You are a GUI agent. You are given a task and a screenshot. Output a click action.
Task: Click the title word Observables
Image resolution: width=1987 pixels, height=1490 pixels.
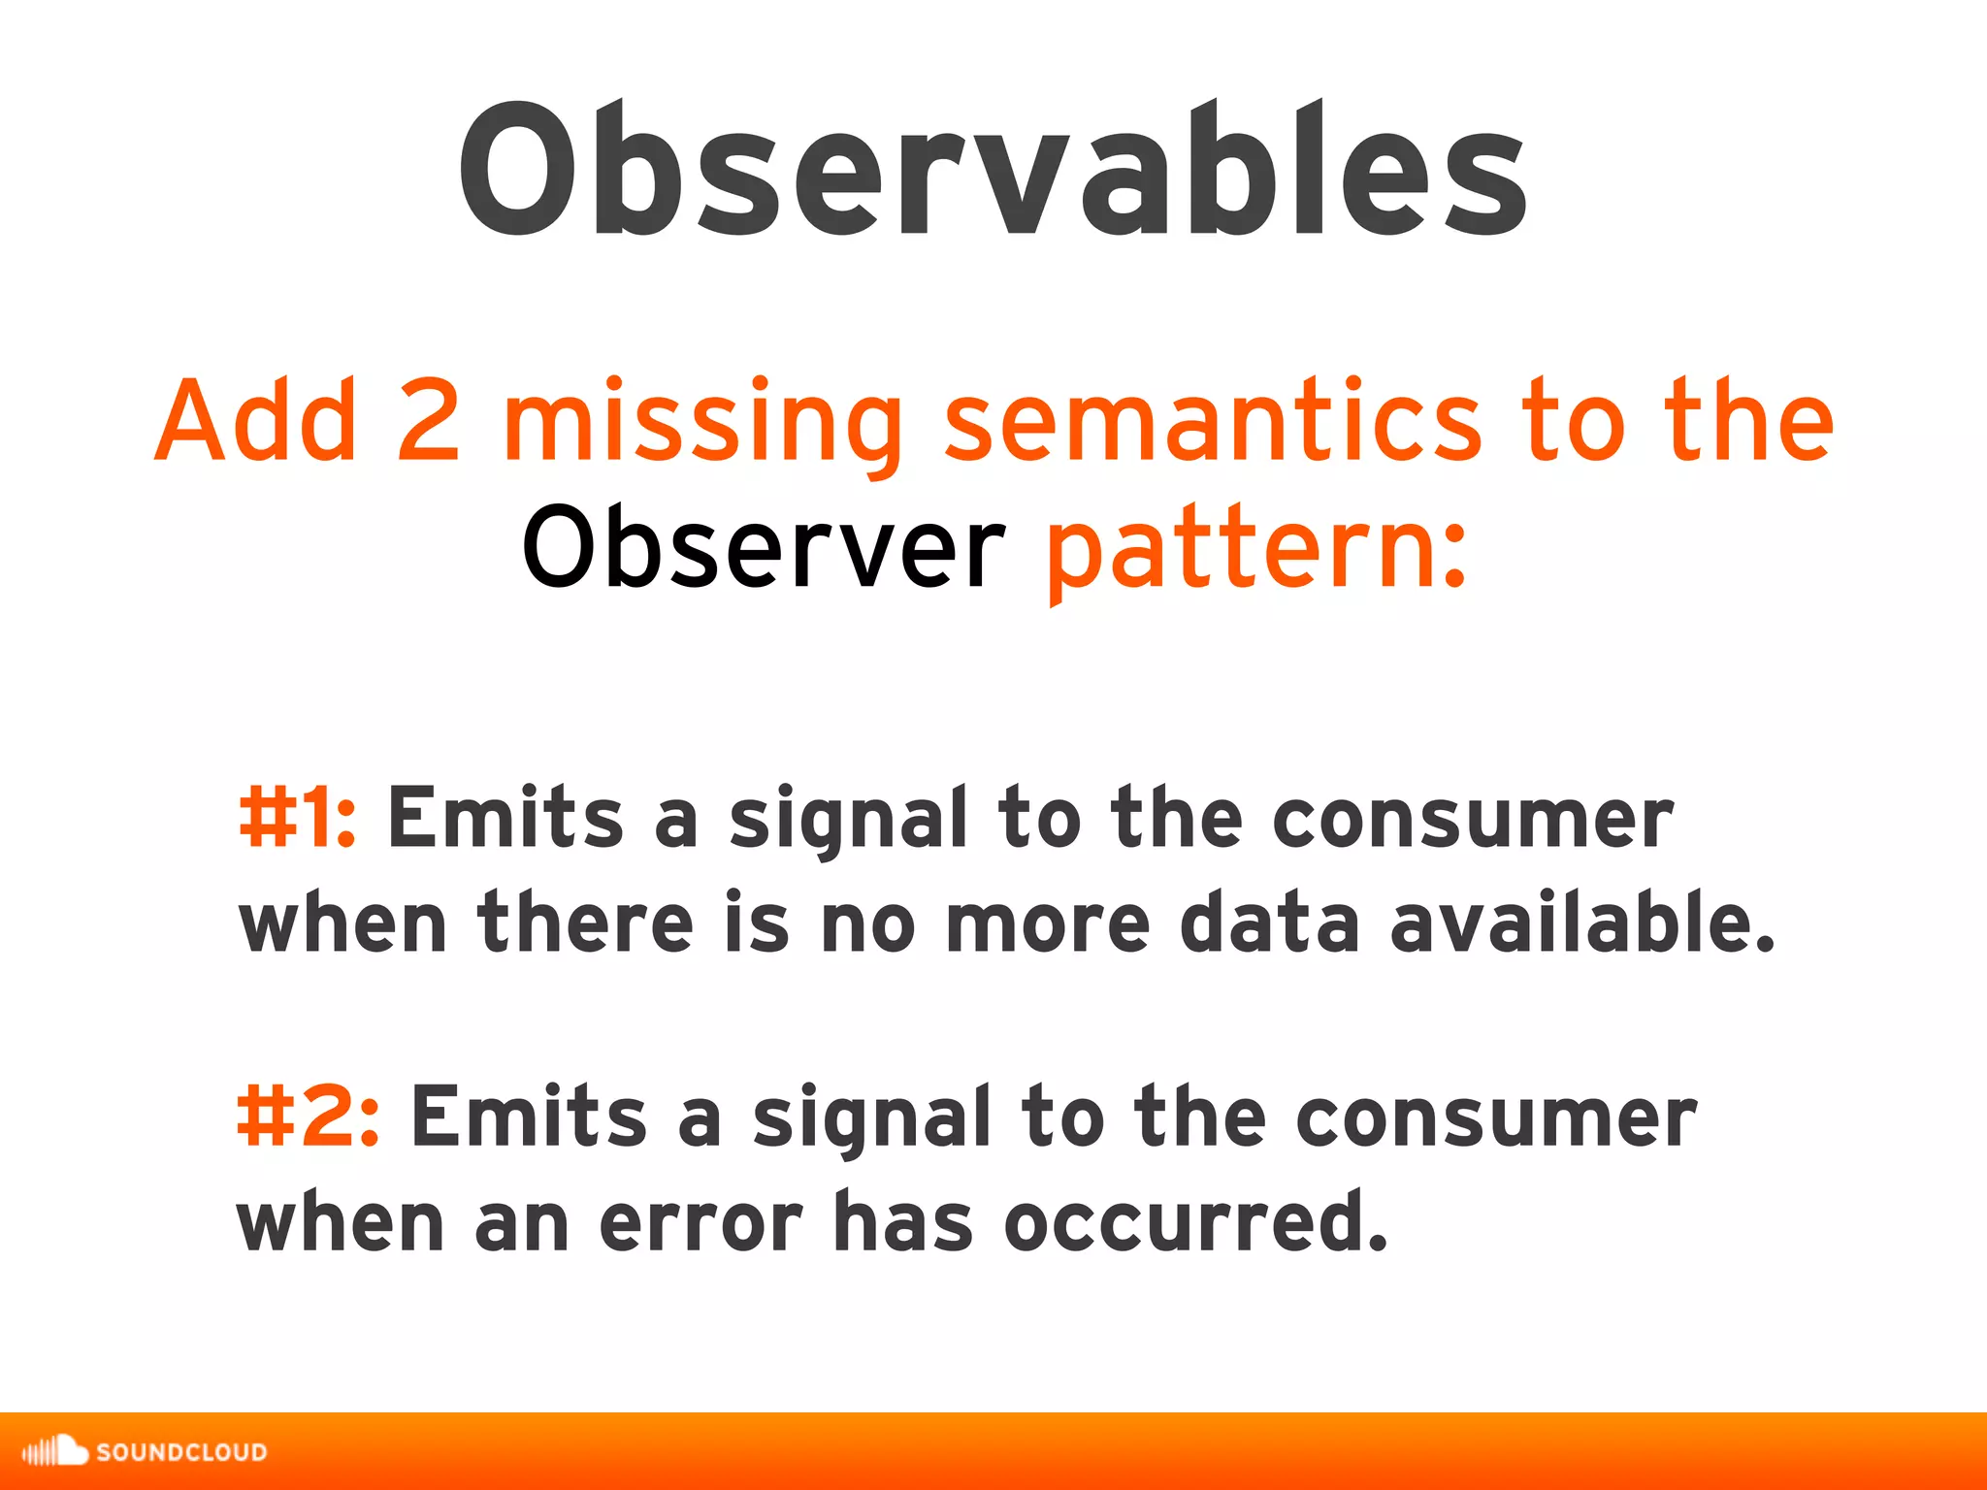click(x=992, y=170)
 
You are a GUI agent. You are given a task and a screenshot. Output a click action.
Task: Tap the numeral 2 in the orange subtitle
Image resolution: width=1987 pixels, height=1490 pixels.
click(x=428, y=421)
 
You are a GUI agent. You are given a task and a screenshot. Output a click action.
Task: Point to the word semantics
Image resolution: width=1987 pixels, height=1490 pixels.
click(x=1212, y=423)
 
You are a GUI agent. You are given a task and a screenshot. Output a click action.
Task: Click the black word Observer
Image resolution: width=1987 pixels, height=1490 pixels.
click(x=764, y=549)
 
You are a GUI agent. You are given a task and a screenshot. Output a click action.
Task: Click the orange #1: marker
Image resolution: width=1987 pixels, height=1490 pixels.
click(x=297, y=818)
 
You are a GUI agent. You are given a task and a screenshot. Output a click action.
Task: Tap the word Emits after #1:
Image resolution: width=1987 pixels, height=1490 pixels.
click(x=505, y=818)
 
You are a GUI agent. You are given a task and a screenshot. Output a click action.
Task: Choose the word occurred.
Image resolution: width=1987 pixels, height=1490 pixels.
click(x=1195, y=1222)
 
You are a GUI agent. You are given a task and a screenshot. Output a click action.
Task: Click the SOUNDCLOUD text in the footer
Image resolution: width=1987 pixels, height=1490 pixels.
click(x=181, y=1452)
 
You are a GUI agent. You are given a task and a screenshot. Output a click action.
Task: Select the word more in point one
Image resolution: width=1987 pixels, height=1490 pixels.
click(x=1047, y=923)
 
